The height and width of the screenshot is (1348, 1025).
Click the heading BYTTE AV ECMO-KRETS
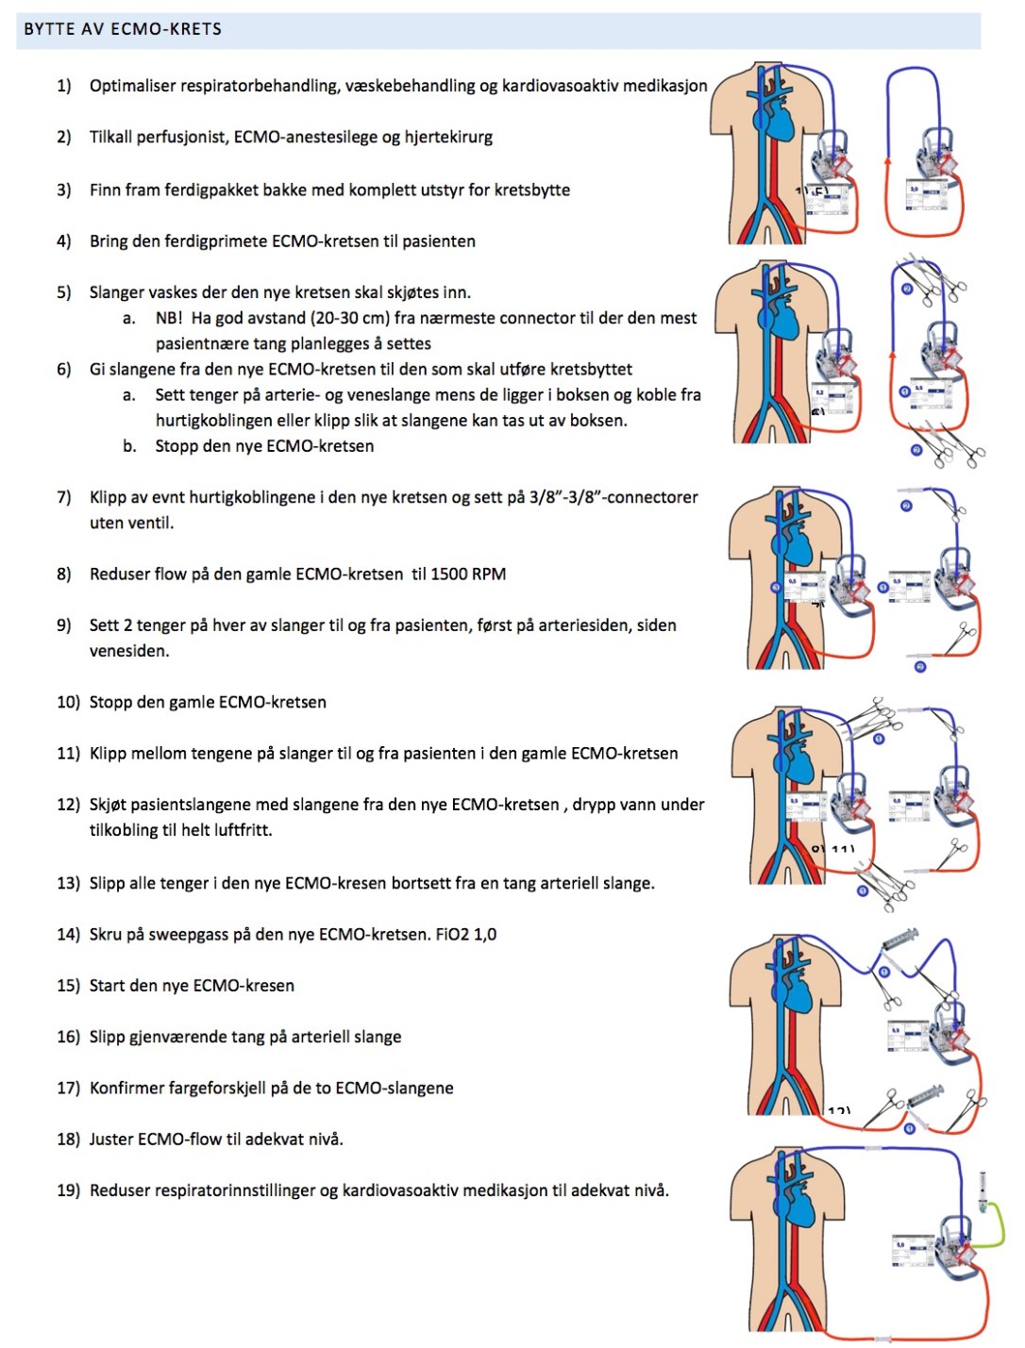[123, 29]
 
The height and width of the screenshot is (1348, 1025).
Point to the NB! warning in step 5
[169, 319]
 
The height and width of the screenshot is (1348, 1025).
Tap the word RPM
[490, 574]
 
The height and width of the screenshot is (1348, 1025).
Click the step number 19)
[69, 1190]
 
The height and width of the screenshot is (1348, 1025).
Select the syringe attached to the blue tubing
[900, 940]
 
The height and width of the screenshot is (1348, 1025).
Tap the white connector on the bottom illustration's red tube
[882, 1339]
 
